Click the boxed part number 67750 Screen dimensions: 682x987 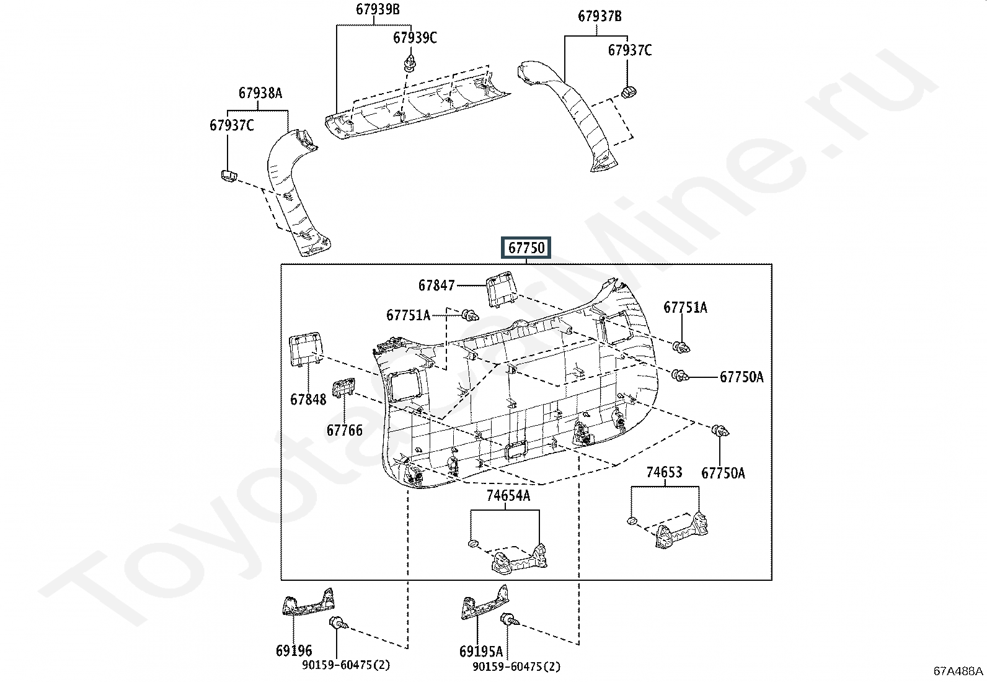click(x=526, y=248)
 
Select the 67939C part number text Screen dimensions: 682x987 click(x=415, y=38)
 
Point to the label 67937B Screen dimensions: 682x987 click(x=600, y=17)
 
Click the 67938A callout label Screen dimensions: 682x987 click(x=260, y=93)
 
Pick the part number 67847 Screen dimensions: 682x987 click(x=436, y=285)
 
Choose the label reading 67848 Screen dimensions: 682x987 click(x=308, y=399)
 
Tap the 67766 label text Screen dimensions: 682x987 click(x=345, y=430)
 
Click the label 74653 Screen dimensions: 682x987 click(x=664, y=472)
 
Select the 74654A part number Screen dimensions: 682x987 click(x=508, y=495)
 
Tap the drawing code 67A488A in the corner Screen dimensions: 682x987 click(x=958, y=671)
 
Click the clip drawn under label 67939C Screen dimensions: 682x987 click(x=409, y=62)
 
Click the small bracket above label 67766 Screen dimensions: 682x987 click(x=343, y=388)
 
